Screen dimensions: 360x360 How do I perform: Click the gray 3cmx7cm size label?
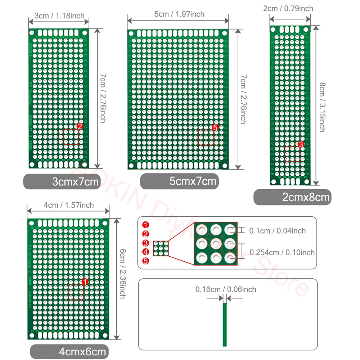click(x=62, y=181)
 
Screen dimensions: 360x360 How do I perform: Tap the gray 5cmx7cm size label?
click(x=180, y=181)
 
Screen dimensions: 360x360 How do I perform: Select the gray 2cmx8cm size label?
click(x=292, y=197)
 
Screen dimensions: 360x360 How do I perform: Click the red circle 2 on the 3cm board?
click(x=80, y=126)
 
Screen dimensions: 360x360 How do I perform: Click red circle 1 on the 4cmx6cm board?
click(x=85, y=282)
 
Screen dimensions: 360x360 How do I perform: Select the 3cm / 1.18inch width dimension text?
click(x=59, y=15)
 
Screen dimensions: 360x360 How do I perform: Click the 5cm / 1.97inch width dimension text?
click(x=179, y=14)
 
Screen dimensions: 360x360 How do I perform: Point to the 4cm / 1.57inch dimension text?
click(x=68, y=205)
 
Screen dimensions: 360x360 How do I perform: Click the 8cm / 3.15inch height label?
click(x=322, y=107)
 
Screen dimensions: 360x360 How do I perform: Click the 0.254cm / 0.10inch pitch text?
click(x=282, y=252)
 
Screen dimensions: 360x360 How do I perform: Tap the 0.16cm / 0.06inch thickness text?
click(x=226, y=289)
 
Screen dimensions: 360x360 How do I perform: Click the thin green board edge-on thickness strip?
click(x=225, y=324)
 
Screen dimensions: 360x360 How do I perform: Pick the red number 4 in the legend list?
click(x=145, y=252)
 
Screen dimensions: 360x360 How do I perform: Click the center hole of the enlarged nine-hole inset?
click(x=216, y=243)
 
